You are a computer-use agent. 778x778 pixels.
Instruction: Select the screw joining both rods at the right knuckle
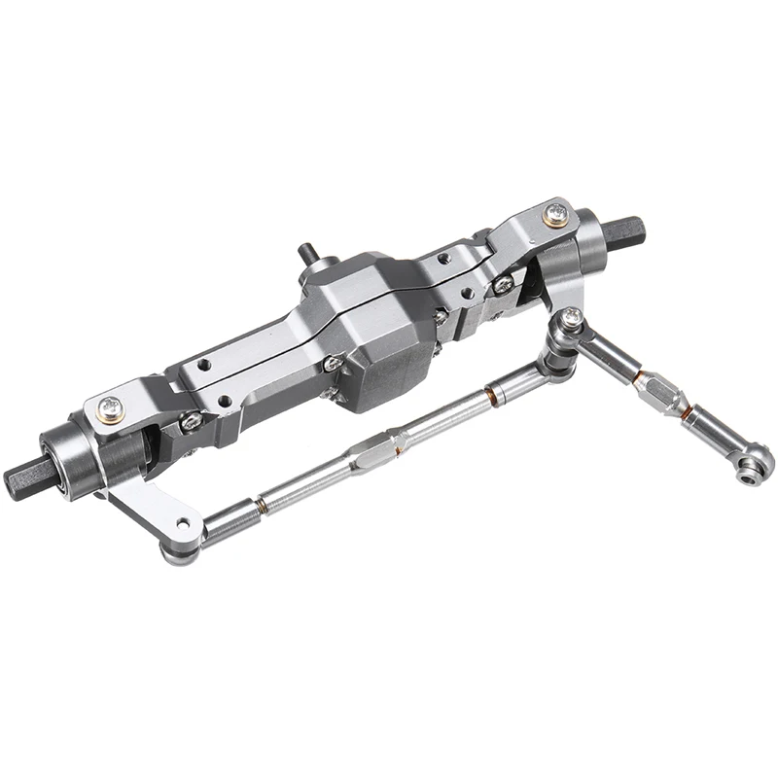coord(572,319)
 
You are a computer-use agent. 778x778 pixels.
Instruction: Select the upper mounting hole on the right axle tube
coord(443,259)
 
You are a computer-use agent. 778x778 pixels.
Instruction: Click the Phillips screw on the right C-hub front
coord(503,283)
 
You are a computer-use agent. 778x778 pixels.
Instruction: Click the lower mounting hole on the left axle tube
coord(227,400)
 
